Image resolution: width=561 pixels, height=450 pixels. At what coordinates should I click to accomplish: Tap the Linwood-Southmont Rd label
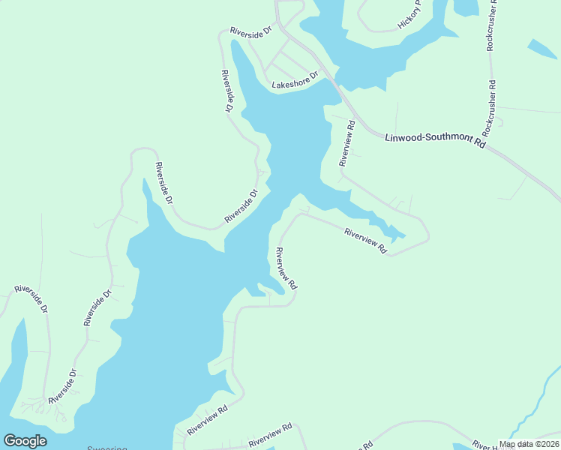436,140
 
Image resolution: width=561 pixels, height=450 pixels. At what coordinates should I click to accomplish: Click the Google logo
25,441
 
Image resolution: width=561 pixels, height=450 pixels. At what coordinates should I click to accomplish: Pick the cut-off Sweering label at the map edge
107,447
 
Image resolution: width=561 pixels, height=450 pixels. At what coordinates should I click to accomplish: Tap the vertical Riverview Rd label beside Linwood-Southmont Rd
346,142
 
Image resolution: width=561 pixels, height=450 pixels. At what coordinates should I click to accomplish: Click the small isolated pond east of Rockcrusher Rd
542,49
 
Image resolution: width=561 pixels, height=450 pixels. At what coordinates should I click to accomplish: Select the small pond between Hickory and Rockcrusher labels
465,7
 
